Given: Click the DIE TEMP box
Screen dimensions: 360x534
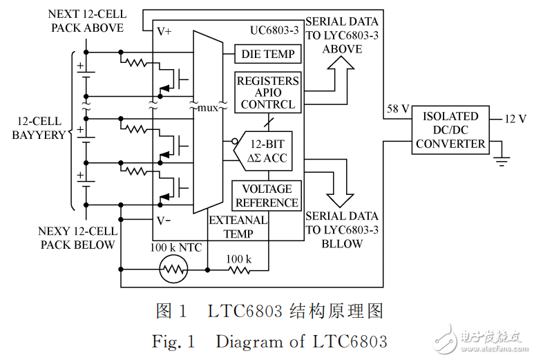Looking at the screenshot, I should (x=267, y=54).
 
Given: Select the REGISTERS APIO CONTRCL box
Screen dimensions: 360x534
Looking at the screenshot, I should (x=267, y=93).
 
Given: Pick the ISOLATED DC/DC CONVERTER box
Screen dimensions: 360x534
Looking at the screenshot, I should (x=450, y=131).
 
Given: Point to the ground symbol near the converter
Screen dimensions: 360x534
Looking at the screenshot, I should (x=502, y=161).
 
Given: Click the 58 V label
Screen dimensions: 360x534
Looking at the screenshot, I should (x=398, y=109).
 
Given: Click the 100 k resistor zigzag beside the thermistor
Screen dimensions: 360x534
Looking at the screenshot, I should (x=239, y=269).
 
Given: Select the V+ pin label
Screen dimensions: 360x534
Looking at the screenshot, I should (x=164, y=32).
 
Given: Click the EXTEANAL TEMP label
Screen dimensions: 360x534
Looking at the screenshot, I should (x=238, y=227).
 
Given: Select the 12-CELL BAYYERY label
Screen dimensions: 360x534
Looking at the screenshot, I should (x=38, y=128).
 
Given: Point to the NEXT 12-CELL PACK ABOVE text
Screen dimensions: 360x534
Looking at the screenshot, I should (x=86, y=21).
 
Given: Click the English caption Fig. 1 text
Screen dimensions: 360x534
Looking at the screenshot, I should (x=269, y=341).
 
